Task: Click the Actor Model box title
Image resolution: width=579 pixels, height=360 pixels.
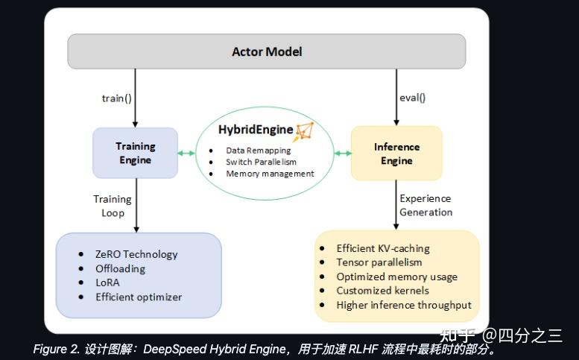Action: pyautogui.click(x=267, y=52)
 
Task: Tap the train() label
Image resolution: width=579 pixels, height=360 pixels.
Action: pyautogui.click(x=117, y=98)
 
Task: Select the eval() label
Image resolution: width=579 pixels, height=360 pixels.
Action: pyautogui.click(x=412, y=97)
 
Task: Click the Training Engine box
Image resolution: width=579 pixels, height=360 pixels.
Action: pyautogui.click(x=135, y=153)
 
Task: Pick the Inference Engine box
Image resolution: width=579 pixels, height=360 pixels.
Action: pyautogui.click(x=396, y=154)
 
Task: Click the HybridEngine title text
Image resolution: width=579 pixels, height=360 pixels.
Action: pyautogui.click(x=256, y=130)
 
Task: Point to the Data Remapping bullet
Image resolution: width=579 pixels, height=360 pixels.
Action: pyautogui.click(x=258, y=151)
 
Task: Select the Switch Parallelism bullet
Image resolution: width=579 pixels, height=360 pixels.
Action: pyautogui.click(x=261, y=162)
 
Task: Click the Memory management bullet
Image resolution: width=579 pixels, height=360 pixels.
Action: pyautogui.click(x=270, y=174)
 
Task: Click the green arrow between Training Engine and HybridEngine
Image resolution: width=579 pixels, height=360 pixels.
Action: pyautogui.click(x=186, y=154)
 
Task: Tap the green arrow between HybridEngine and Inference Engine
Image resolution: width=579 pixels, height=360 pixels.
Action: pyautogui.click(x=343, y=154)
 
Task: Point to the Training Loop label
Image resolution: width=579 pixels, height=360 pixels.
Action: pyautogui.click(x=113, y=206)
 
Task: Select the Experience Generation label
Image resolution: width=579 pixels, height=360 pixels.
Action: pyautogui.click(x=425, y=205)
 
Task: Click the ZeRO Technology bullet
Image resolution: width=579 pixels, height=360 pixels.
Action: pyautogui.click(x=136, y=254)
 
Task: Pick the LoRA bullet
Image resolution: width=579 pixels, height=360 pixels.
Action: pyautogui.click(x=107, y=282)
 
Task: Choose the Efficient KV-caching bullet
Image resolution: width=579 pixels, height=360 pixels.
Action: pyautogui.click(x=383, y=248)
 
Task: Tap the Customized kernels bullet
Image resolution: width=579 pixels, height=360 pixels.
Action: pyautogui.click(x=382, y=291)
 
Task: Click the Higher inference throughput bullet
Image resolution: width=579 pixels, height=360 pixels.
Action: pyautogui.click(x=404, y=305)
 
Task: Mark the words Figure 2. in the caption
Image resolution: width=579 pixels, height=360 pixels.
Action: pyautogui.click(x=56, y=350)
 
